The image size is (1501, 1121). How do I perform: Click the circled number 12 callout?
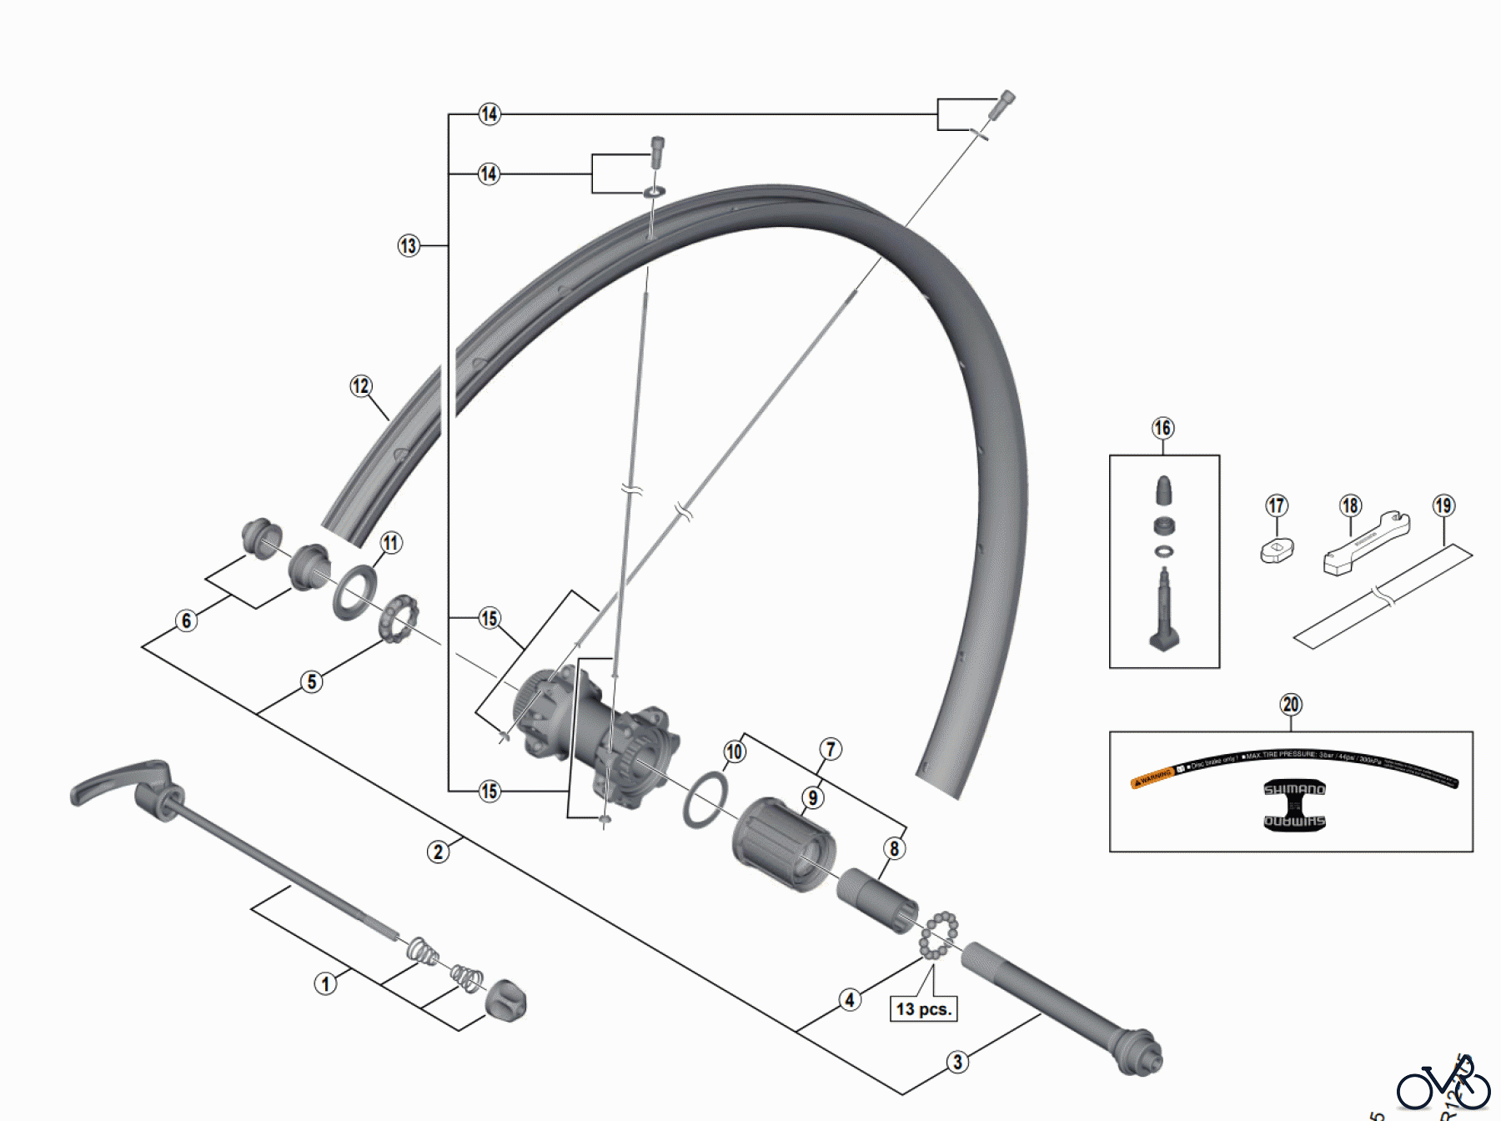[360, 386]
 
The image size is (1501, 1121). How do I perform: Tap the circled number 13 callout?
[408, 246]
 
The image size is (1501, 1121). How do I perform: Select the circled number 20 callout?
[1291, 705]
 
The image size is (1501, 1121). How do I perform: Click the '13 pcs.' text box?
[923, 1009]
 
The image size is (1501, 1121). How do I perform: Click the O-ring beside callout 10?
[705, 800]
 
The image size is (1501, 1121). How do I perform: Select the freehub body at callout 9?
[784, 844]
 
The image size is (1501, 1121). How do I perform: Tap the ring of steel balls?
[939, 934]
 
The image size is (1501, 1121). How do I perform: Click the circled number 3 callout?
[957, 1063]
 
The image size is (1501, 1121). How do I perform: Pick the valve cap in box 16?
[1165, 490]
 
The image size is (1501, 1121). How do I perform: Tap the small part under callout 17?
[1276, 550]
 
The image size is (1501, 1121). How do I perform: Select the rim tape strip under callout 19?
[1383, 596]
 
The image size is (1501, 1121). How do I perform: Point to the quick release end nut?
[505, 999]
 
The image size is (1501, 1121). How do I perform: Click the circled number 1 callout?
[325, 984]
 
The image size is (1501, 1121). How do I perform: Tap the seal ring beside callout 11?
[354, 592]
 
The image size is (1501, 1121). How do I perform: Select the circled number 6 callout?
[186, 621]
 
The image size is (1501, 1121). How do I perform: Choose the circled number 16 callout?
[1162, 429]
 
